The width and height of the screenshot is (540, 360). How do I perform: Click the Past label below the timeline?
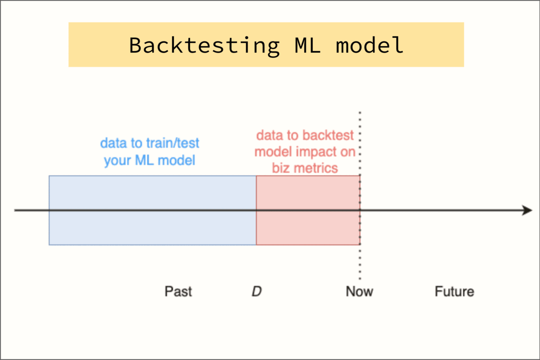click(x=178, y=292)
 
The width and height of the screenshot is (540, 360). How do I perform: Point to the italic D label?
click(x=256, y=292)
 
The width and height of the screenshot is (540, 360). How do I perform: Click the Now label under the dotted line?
click(x=359, y=292)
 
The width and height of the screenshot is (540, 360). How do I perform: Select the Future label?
click(x=454, y=292)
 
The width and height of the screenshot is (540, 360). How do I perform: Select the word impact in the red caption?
click(x=313, y=152)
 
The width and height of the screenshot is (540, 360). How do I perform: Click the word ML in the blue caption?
click(x=145, y=160)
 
